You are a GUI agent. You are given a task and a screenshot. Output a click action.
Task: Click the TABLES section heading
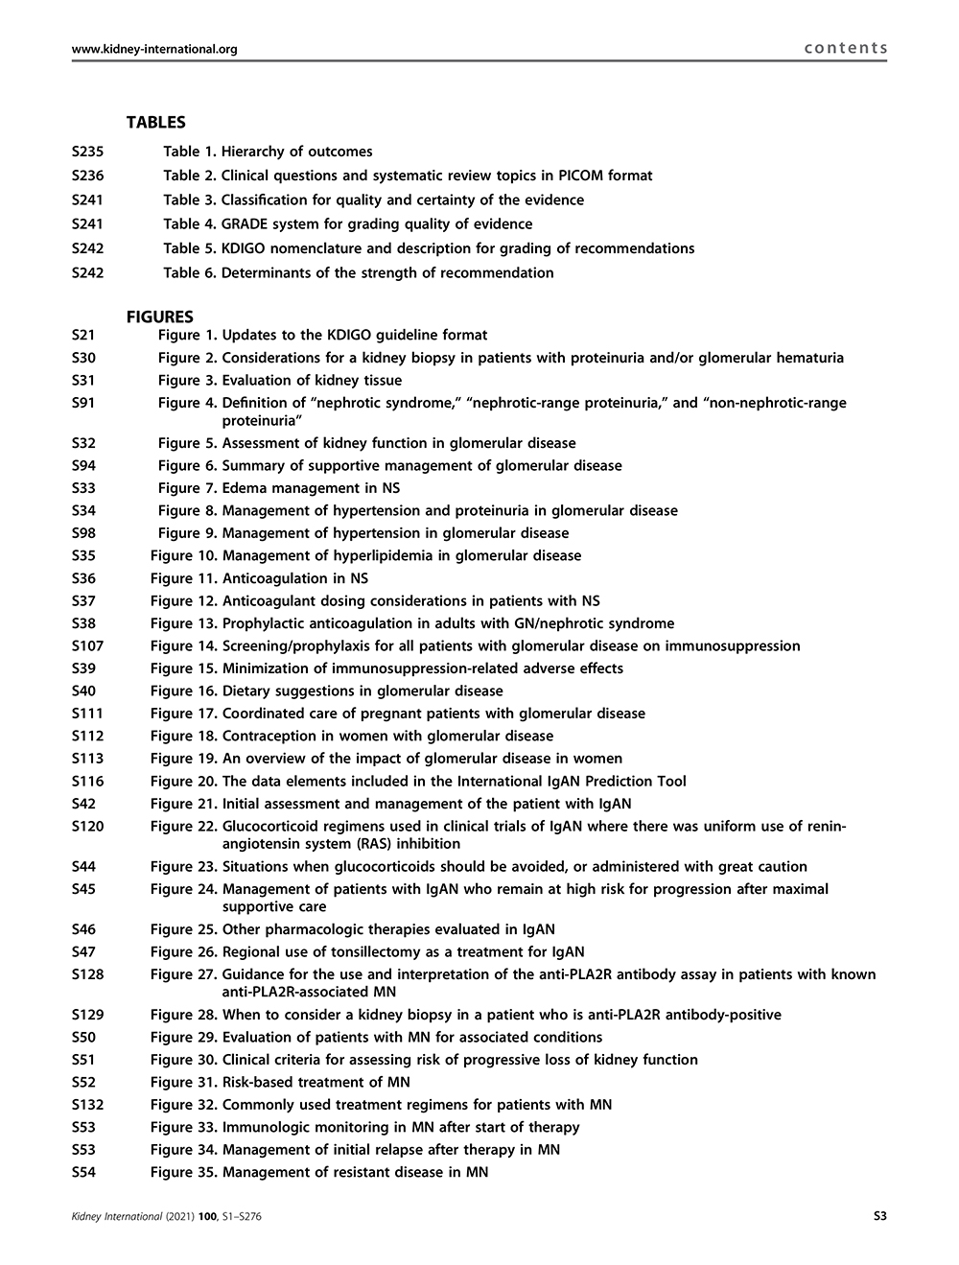click(x=155, y=123)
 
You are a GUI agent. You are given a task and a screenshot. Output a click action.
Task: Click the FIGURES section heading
click(x=159, y=316)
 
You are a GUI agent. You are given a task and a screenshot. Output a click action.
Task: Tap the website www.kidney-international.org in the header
click(x=154, y=49)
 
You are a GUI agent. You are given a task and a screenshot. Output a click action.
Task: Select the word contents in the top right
click(x=846, y=48)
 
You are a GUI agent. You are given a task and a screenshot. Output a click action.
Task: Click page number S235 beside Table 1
click(x=88, y=152)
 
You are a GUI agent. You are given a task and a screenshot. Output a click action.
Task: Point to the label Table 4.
click(x=190, y=224)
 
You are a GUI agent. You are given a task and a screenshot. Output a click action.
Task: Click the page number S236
click(x=88, y=176)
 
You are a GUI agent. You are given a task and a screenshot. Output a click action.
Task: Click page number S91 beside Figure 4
click(x=83, y=403)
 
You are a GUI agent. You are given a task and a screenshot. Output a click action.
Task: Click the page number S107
click(x=88, y=646)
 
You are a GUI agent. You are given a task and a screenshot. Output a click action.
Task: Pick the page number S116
click(x=88, y=782)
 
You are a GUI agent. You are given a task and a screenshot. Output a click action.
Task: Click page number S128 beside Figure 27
click(x=88, y=974)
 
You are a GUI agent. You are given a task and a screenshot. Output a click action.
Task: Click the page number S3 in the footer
click(x=879, y=1217)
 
